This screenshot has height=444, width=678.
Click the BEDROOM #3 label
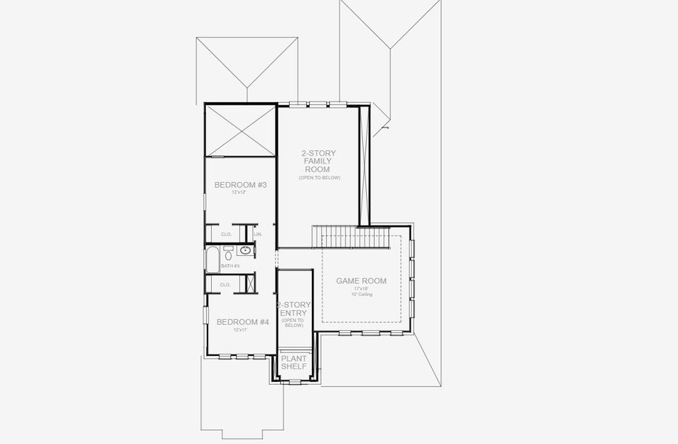click(240, 184)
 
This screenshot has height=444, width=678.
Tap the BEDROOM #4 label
click(242, 322)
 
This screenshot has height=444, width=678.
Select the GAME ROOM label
click(361, 281)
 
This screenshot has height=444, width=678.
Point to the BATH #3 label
click(230, 266)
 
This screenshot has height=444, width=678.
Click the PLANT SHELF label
click(293, 363)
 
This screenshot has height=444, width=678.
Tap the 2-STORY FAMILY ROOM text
click(319, 161)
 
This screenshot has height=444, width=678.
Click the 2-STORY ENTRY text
click(293, 313)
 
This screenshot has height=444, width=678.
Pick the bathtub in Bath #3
click(211, 260)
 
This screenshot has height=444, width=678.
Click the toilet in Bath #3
click(228, 249)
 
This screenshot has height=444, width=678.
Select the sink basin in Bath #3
click(245, 250)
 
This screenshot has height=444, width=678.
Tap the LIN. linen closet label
click(258, 235)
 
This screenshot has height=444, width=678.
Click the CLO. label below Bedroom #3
click(226, 235)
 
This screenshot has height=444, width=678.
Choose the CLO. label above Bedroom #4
click(225, 284)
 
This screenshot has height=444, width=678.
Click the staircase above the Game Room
click(351, 238)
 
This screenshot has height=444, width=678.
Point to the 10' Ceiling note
click(362, 295)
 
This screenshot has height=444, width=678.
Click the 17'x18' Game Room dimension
click(362, 289)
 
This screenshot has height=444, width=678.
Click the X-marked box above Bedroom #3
click(240, 130)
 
